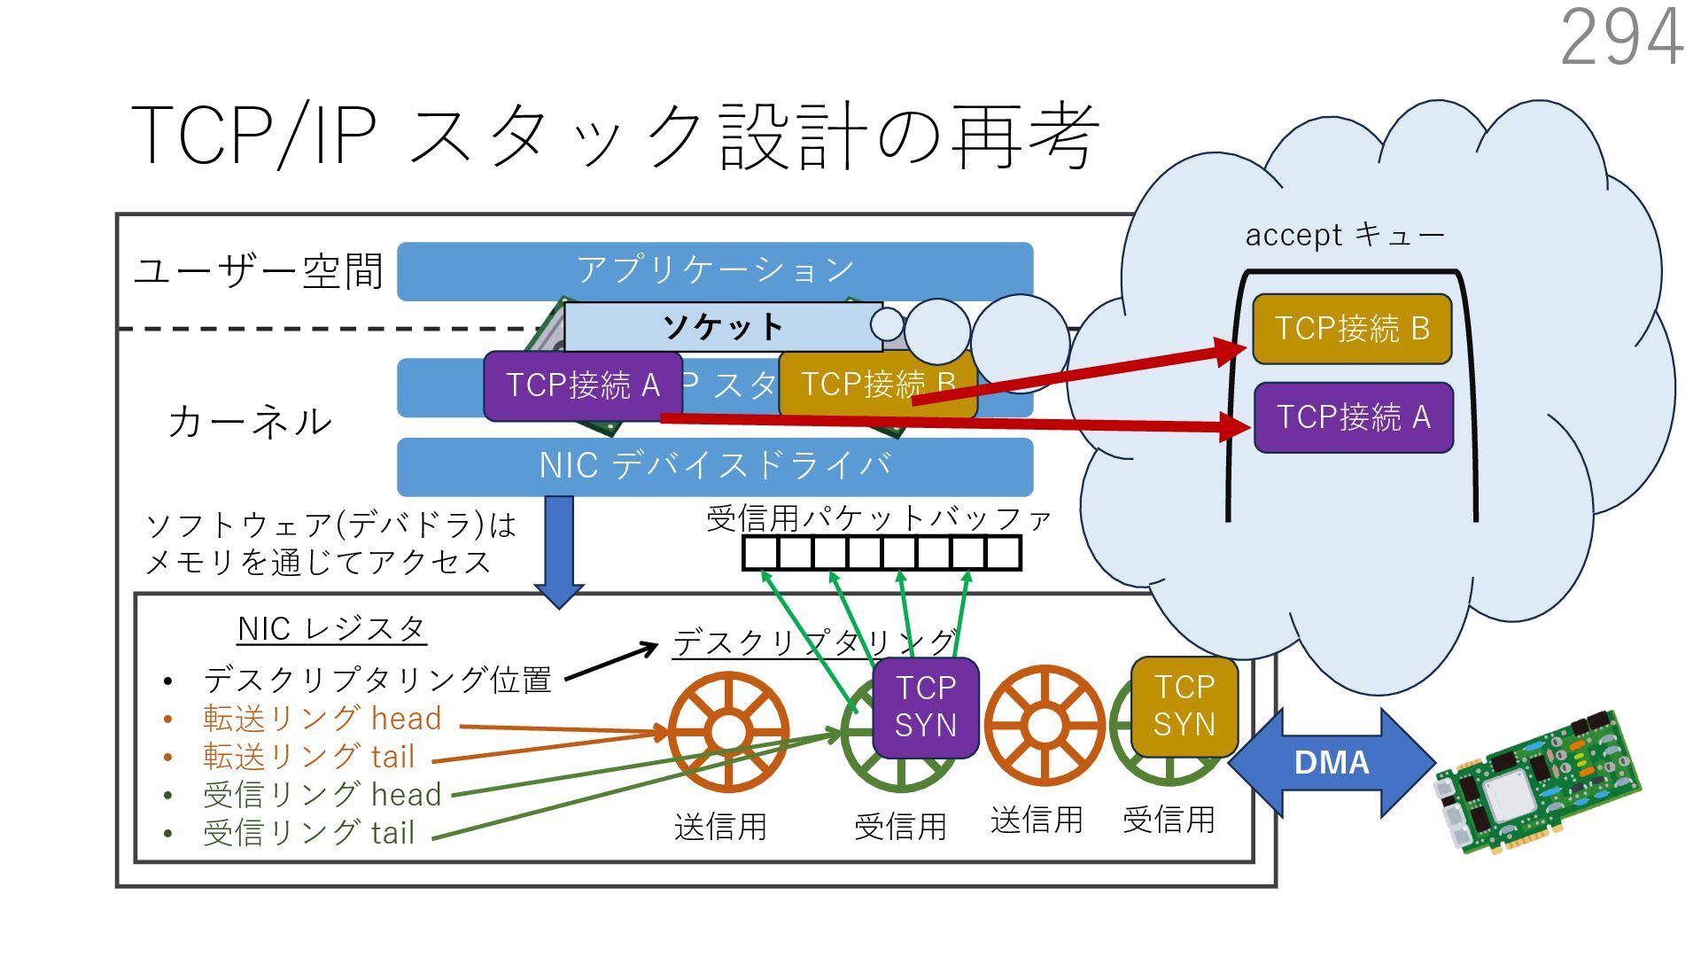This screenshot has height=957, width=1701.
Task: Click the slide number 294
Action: point(1621,37)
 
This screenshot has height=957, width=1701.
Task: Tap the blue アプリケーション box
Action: point(714,269)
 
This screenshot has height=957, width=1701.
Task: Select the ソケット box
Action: point(722,327)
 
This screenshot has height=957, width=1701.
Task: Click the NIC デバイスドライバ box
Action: point(714,466)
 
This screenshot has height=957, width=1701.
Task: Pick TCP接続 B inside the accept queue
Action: point(1352,329)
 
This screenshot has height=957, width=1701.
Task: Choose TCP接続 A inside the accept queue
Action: point(1354,417)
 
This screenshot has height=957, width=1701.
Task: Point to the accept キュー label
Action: point(1345,235)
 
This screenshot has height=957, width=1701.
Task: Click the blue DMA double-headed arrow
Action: point(1331,763)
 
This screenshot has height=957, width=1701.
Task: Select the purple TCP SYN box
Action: point(926,707)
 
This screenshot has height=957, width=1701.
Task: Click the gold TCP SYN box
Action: point(1184,705)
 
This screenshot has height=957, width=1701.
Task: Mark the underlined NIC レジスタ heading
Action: point(332,629)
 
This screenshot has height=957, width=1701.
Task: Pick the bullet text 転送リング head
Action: point(322,719)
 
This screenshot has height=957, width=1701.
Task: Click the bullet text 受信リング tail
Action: point(308,833)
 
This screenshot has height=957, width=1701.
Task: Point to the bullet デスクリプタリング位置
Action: point(377,681)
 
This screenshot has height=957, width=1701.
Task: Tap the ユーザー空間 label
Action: point(258,271)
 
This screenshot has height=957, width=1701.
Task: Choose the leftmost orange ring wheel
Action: point(728,732)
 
